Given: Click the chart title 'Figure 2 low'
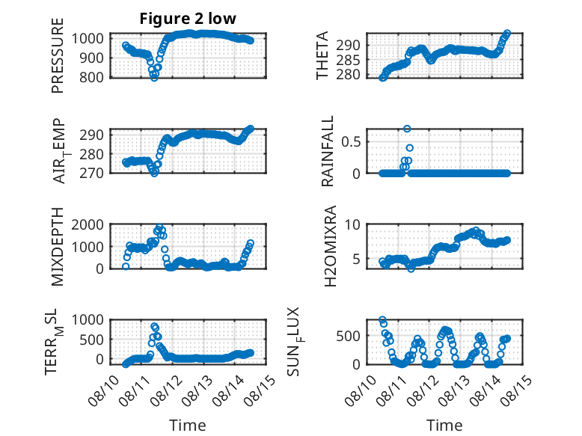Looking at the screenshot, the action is (x=188, y=19).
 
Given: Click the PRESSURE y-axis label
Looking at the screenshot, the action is (x=58, y=55).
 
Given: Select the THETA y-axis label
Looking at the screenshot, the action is (x=322, y=55).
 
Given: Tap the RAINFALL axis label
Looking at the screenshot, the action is (x=328, y=151).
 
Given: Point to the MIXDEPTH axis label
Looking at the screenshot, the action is (x=58, y=246).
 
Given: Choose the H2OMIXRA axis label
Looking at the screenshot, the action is (x=330, y=246).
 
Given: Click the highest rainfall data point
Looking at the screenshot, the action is (x=407, y=129).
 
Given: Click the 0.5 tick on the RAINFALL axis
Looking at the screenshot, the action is (x=351, y=142).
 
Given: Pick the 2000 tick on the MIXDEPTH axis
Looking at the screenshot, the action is (x=88, y=224).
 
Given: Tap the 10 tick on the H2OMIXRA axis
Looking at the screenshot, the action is (x=352, y=224).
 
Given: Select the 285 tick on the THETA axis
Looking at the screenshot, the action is (x=348, y=60).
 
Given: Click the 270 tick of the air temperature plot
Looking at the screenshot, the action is (x=92, y=173).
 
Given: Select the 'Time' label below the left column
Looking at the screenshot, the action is (x=188, y=425).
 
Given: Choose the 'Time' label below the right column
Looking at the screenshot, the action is (x=444, y=425).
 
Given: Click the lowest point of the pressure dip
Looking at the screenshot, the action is (x=154, y=78).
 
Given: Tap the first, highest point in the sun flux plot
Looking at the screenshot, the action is (x=382, y=320).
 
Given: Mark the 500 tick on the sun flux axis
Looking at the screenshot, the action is (x=348, y=337).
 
